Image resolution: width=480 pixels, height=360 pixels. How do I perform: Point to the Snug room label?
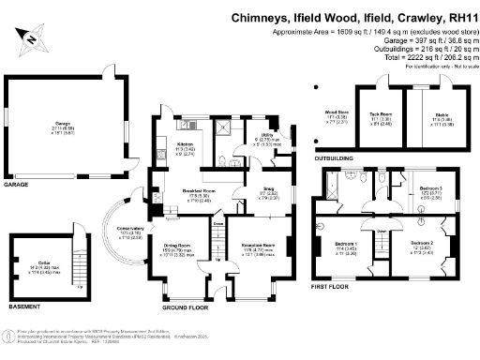point(241,192)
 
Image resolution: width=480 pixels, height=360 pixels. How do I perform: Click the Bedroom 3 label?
point(428,191)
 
